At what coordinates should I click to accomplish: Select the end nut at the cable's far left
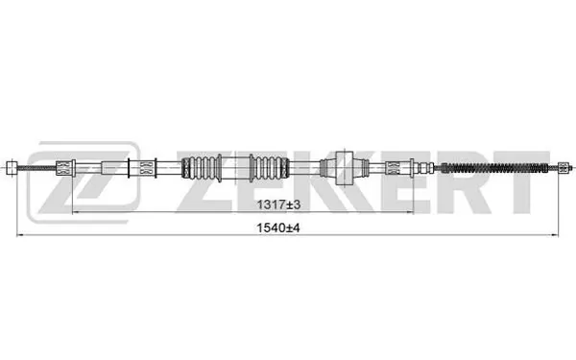tap(11, 167)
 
